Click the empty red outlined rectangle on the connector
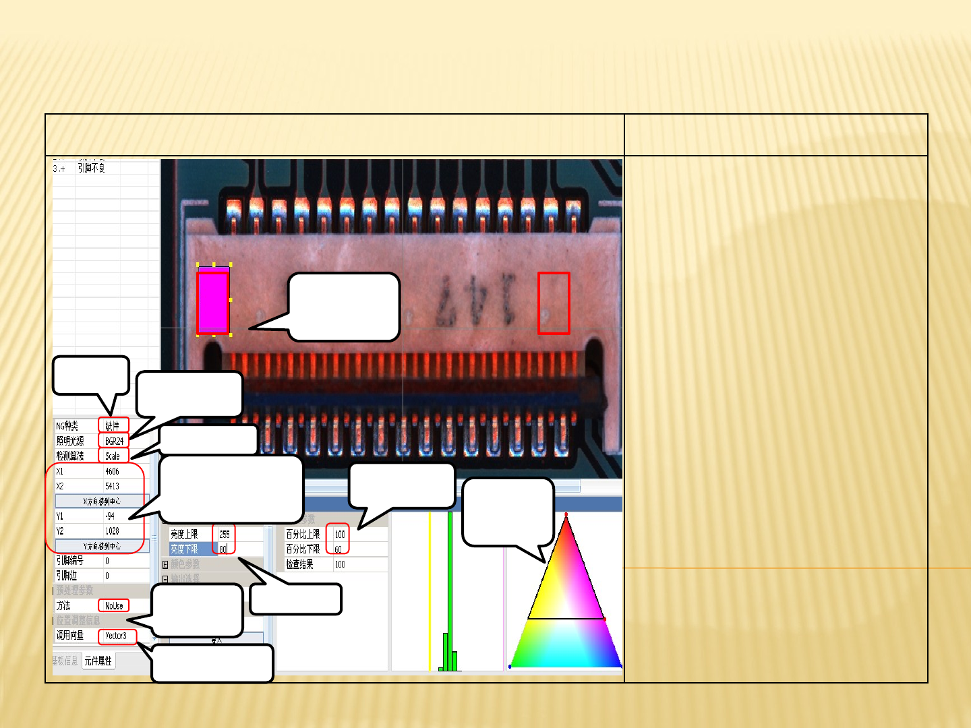[554, 303]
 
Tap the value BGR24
[114, 441]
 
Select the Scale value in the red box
[113, 456]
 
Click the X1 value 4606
[112, 471]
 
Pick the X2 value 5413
[112, 486]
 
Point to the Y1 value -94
[110, 516]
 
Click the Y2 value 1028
[112, 531]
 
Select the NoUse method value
[113, 606]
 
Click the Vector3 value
[116, 636]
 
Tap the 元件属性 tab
[98, 661]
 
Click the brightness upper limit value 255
[225, 534]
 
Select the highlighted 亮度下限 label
[185, 549]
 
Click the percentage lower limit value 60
[338, 549]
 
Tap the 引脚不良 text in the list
[91, 168]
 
